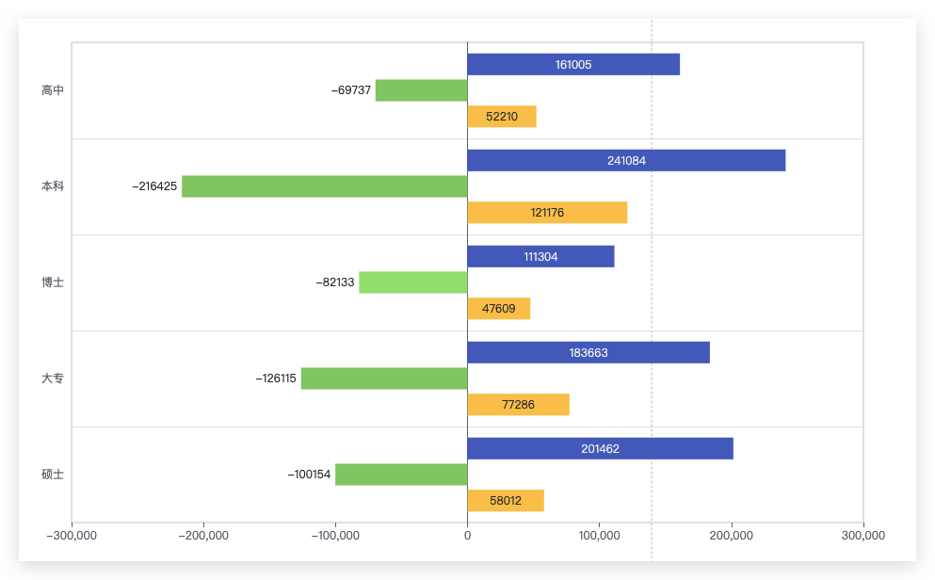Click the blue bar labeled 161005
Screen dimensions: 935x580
pos(573,64)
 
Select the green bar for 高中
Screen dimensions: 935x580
pos(422,90)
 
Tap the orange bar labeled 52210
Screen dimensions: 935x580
pos(502,116)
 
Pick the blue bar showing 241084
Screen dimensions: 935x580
pos(627,160)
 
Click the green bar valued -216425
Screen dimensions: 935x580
pos(325,186)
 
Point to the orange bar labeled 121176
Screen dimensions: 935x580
pos(547,212)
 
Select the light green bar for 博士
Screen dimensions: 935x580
pos(413,282)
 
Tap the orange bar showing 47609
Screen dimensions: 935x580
pos(499,308)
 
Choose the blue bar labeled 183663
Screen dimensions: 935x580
pos(588,352)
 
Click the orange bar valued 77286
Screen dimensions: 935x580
pos(519,404)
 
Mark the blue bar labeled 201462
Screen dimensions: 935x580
pos(601,448)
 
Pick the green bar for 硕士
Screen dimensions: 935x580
pos(401,475)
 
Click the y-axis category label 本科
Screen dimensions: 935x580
pos(53,186)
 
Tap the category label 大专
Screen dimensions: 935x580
pos(53,378)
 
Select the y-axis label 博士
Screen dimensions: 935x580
pos(53,282)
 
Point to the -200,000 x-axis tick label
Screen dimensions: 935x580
pos(203,536)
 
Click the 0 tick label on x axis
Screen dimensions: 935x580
pos(467,536)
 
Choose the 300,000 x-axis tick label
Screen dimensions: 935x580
pos(862,536)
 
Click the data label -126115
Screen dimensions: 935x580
pos(276,379)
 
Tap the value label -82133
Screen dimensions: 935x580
pos(335,282)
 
